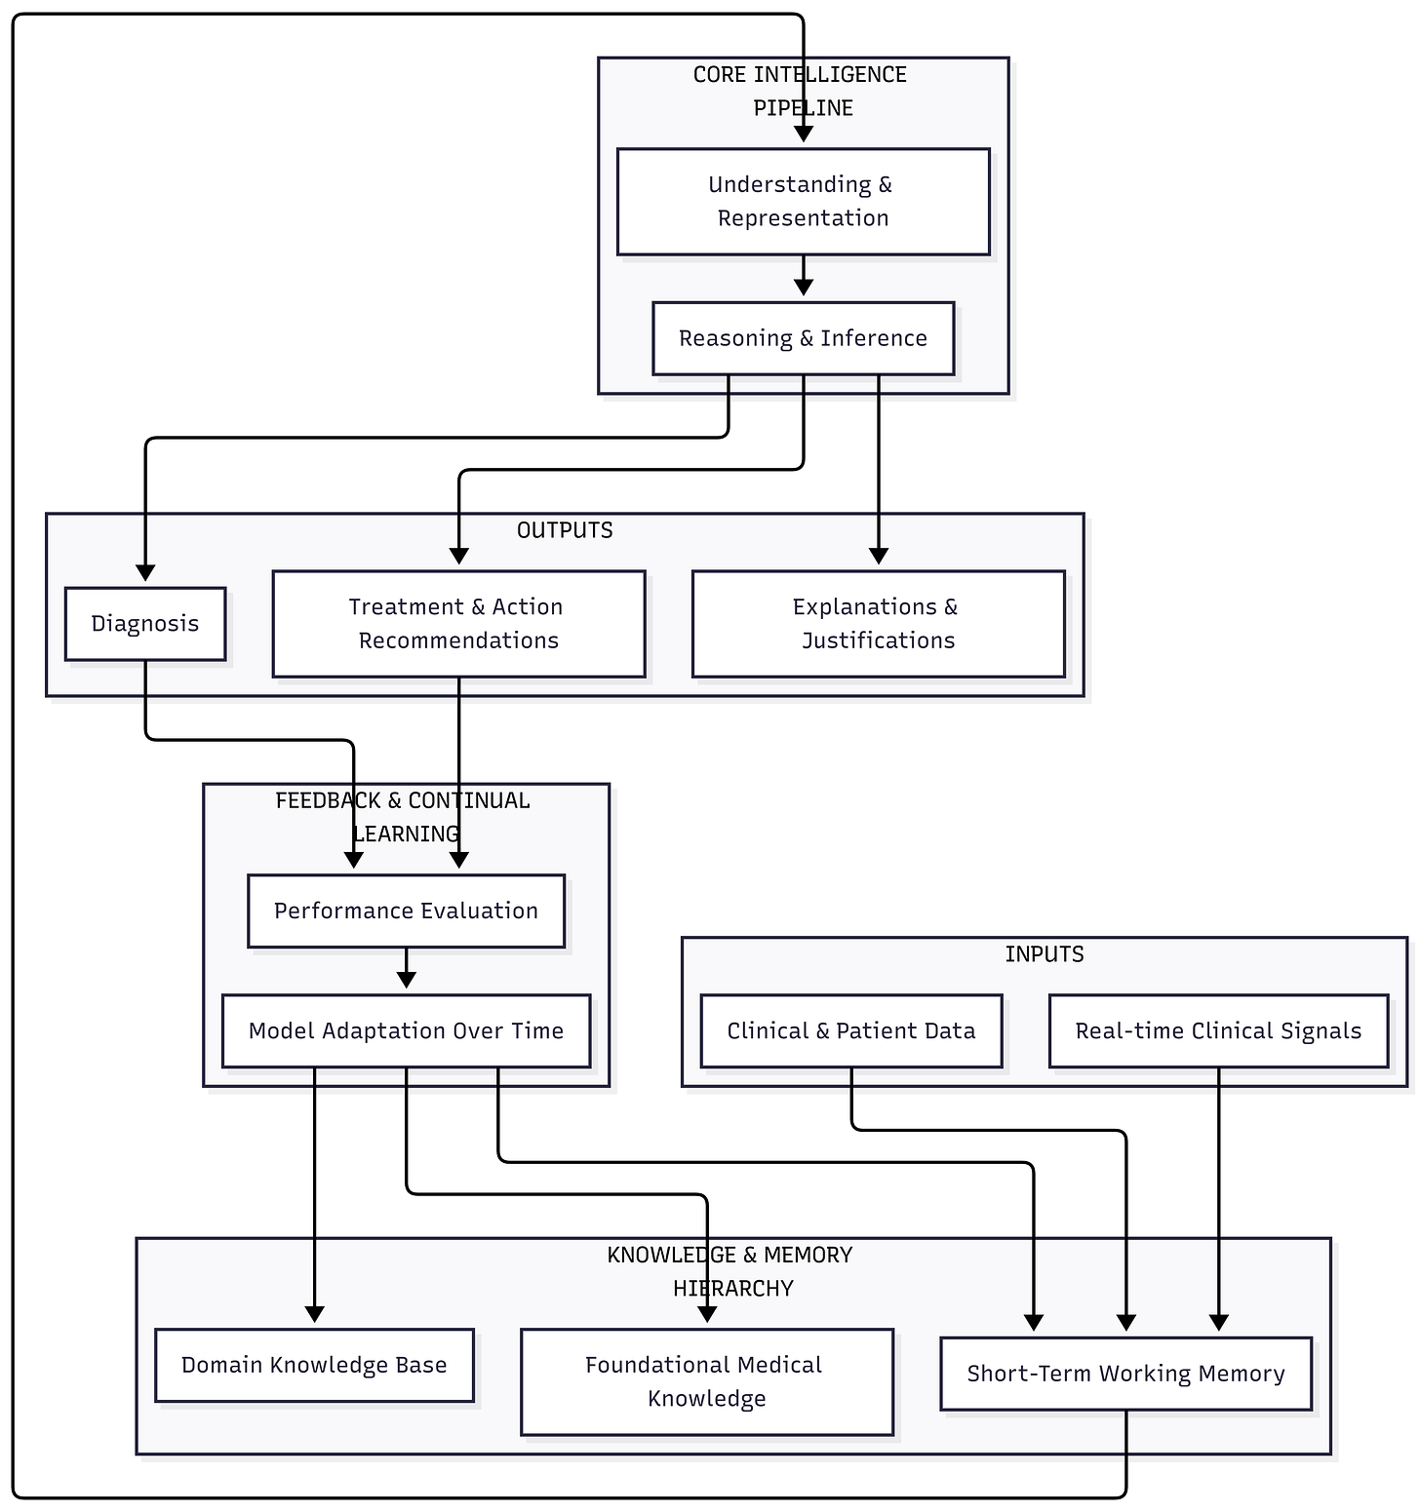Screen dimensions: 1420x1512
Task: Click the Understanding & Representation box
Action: point(803,202)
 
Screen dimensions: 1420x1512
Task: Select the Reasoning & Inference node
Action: point(803,338)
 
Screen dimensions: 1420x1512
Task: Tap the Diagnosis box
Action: point(145,624)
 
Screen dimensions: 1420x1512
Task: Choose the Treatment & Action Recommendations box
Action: point(458,624)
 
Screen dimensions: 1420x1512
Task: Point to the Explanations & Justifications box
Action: point(878,624)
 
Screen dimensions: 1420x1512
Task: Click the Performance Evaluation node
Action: point(406,911)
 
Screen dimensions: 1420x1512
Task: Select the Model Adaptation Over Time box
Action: point(406,1030)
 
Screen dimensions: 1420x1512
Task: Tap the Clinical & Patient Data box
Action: point(851,1030)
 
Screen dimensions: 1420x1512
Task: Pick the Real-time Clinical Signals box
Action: point(1218,1030)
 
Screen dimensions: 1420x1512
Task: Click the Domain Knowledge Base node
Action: point(314,1365)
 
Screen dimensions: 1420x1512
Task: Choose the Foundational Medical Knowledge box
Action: point(707,1381)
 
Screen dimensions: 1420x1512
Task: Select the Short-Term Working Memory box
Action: point(1125,1374)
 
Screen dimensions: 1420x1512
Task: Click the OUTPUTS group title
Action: point(565,530)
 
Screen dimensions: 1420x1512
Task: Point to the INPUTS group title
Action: point(1045,954)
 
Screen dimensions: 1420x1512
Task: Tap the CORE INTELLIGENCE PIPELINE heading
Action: point(801,92)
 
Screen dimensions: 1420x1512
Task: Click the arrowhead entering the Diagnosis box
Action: point(145,572)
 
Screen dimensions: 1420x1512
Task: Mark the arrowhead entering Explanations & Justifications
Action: point(879,556)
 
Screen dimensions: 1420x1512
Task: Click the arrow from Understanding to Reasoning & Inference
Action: point(803,276)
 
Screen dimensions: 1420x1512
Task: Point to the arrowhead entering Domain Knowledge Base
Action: point(314,1314)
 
